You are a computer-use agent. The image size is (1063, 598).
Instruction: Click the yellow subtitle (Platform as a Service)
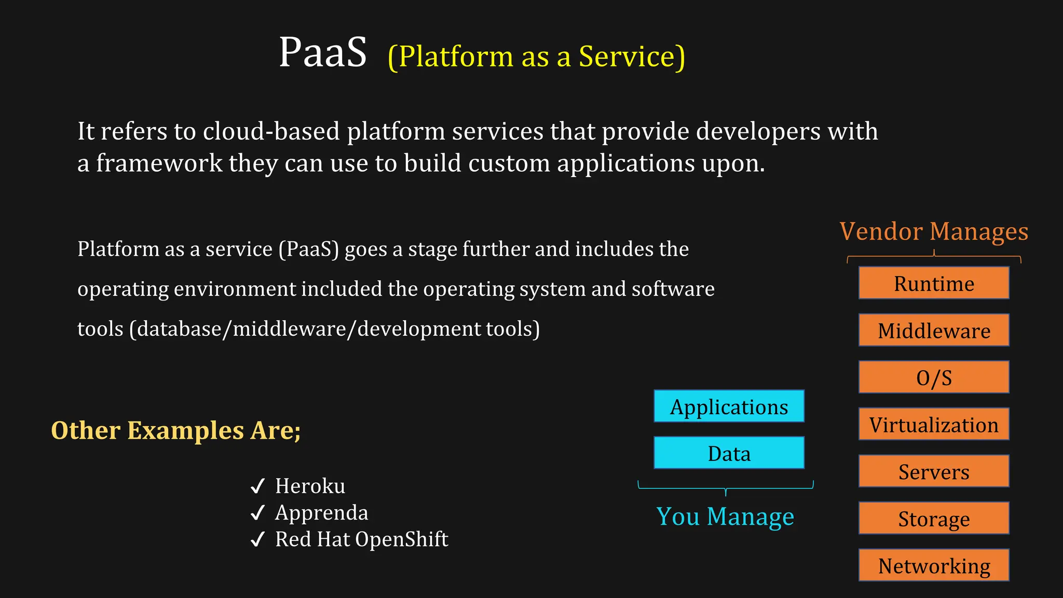click(x=536, y=57)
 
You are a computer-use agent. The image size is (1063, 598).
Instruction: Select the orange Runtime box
click(x=933, y=283)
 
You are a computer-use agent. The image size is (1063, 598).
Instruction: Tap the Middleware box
click(x=933, y=330)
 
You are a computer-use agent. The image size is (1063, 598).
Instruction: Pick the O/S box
click(x=933, y=377)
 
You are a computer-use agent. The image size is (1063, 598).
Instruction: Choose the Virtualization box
click(x=933, y=424)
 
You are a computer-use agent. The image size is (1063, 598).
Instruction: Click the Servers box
click(x=933, y=471)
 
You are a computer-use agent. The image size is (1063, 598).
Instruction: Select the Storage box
click(x=933, y=518)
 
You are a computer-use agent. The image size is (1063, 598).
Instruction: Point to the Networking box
click(x=933, y=565)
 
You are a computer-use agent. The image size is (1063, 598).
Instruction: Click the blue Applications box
click(x=729, y=406)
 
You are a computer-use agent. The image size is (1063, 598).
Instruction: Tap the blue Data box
click(x=729, y=453)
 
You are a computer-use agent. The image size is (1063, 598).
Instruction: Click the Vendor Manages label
click(x=934, y=231)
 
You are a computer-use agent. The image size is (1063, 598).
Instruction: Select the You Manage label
click(x=725, y=517)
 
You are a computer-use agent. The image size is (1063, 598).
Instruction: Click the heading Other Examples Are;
click(x=176, y=430)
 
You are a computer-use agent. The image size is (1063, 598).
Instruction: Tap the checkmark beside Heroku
click(x=257, y=486)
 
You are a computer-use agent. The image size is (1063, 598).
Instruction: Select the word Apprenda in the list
click(x=321, y=513)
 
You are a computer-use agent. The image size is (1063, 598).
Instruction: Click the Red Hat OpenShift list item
click(x=361, y=539)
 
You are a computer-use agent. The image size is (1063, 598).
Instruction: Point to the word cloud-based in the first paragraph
click(x=271, y=131)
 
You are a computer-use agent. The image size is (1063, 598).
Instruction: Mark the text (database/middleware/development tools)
click(x=334, y=329)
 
